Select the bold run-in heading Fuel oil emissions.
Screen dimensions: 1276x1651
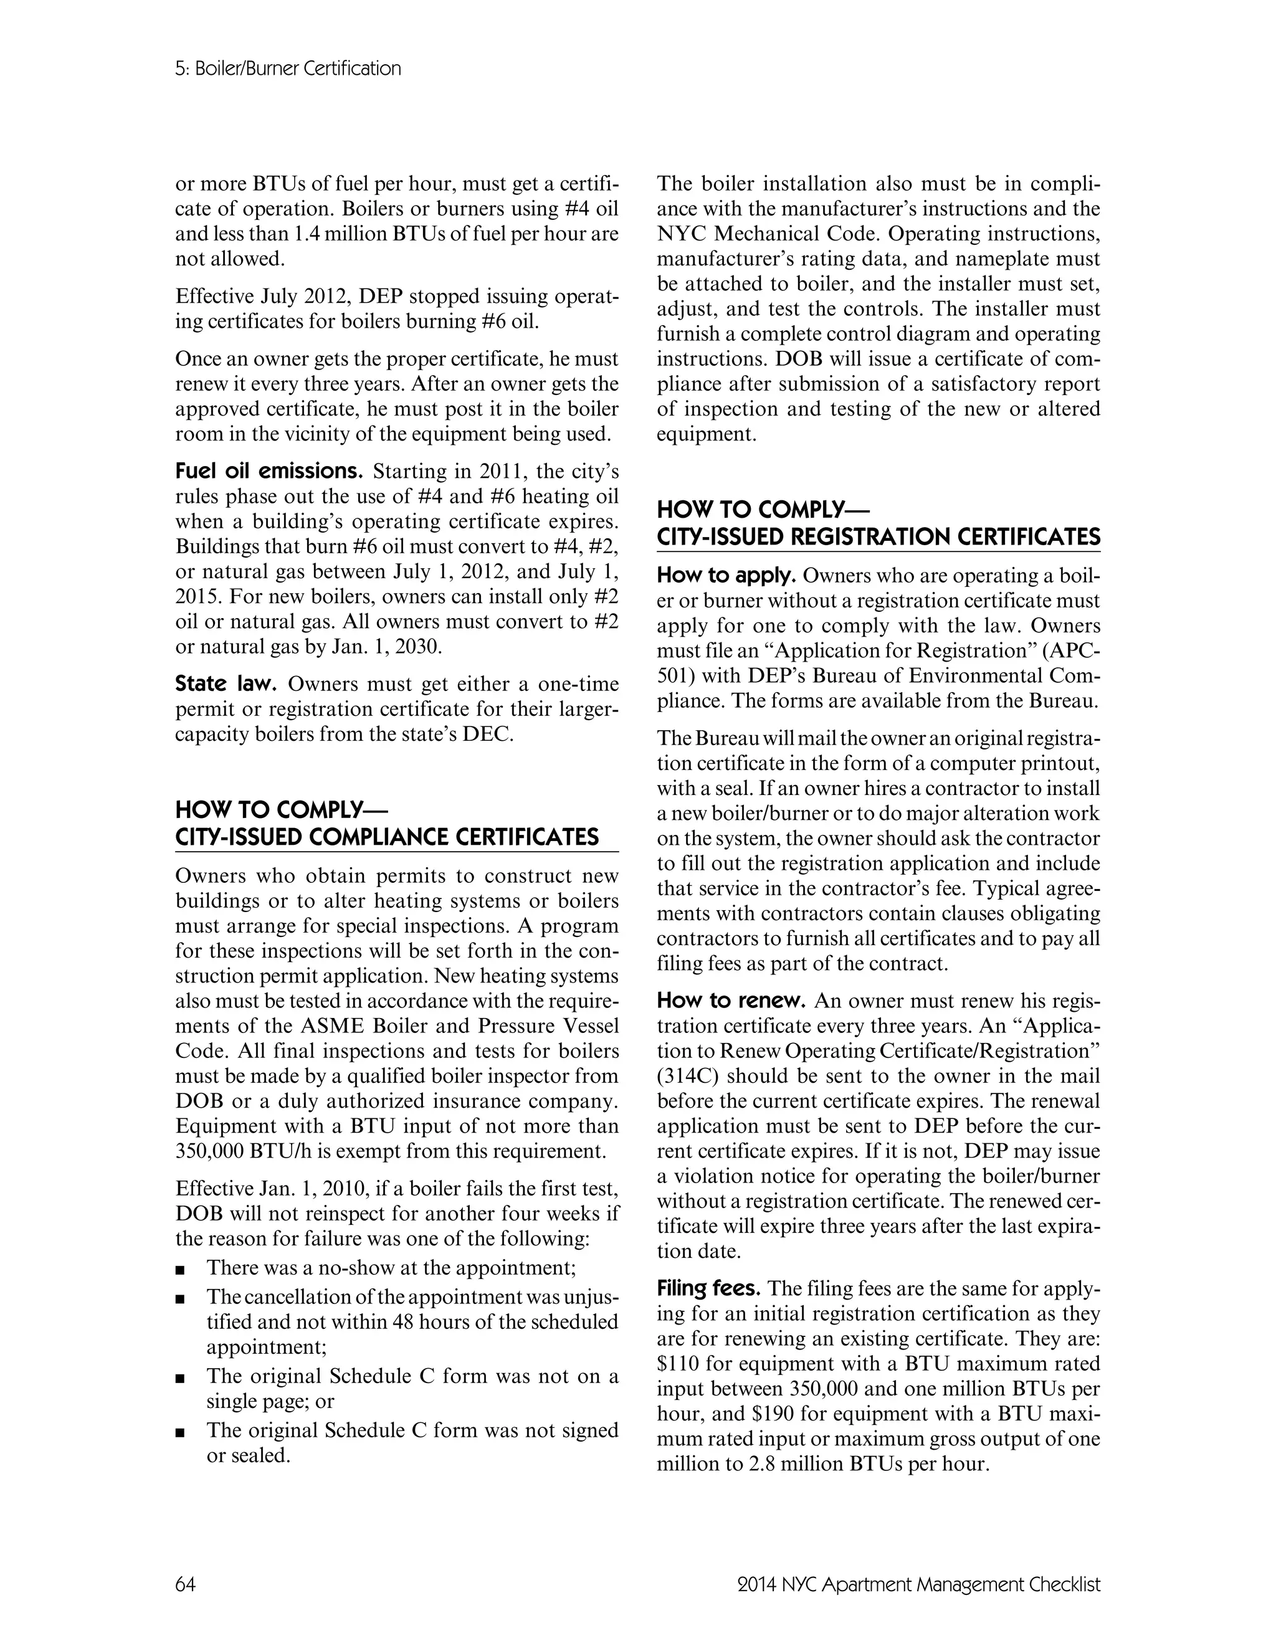(269, 472)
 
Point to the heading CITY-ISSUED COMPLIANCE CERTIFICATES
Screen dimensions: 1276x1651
(387, 837)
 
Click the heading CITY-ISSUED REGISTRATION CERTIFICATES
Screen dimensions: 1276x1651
(878, 538)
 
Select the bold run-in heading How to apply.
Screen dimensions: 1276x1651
(726, 576)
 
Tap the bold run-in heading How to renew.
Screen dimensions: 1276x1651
(731, 1002)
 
